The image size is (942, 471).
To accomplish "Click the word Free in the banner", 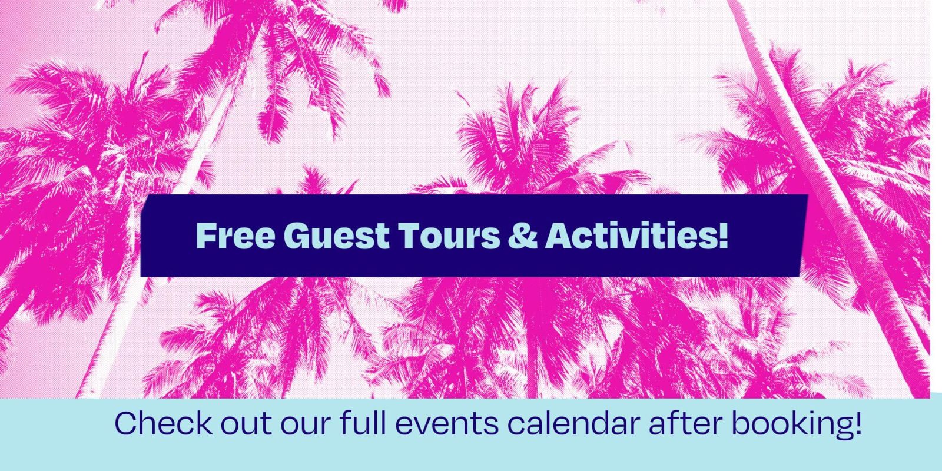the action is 236,235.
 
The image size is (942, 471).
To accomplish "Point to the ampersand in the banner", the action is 523,235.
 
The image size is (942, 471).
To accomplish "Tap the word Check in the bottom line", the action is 164,423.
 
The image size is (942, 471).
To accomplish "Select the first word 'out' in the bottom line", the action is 246,424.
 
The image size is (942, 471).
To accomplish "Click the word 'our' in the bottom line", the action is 306,426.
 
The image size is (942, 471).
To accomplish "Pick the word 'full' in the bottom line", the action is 363,423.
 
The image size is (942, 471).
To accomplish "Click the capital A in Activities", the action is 561,235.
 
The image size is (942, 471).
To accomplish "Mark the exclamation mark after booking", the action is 858,423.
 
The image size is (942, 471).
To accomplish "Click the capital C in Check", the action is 127,423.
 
